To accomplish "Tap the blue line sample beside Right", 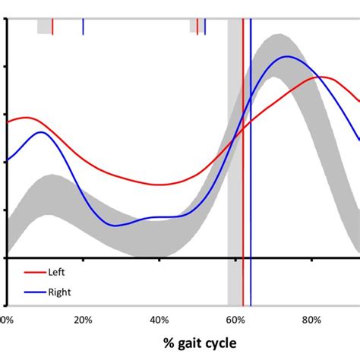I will (x=35, y=291).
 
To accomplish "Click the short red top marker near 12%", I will (x=52, y=27).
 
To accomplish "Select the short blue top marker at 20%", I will (x=83, y=27).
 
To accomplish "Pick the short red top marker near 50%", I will (x=197, y=27).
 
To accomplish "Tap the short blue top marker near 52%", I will (x=205, y=27).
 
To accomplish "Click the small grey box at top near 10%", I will (x=43, y=27).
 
